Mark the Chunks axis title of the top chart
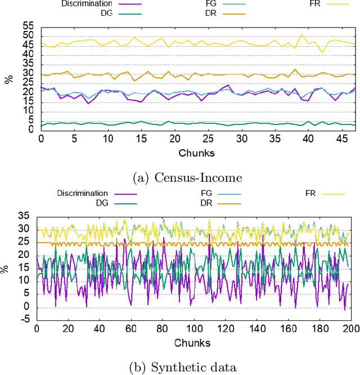click(x=196, y=153)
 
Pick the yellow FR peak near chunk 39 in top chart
click(x=301, y=35)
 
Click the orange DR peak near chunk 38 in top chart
click(x=295, y=69)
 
